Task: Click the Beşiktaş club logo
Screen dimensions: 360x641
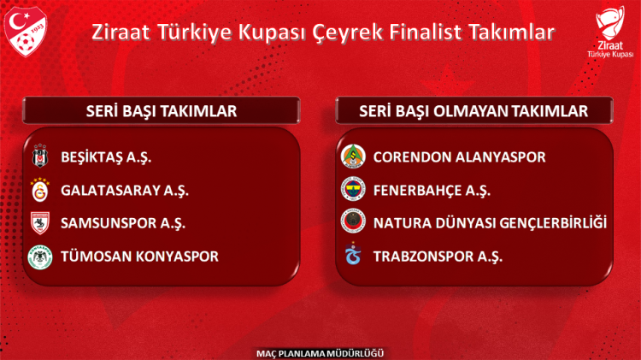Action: [39, 157]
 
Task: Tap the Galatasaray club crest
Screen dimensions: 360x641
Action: [39, 190]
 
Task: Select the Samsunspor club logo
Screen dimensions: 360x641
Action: [39, 223]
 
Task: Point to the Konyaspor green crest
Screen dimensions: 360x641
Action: [39, 257]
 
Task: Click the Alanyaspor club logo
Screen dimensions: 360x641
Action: [351, 157]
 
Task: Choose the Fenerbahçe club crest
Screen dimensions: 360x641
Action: [351, 190]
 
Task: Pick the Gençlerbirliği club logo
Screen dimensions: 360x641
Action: [351, 223]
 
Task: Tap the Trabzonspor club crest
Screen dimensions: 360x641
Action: [351, 256]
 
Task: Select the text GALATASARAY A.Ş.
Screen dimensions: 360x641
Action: [125, 190]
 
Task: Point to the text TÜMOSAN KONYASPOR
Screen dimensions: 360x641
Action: [139, 257]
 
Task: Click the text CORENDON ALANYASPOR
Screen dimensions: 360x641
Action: [459, 157]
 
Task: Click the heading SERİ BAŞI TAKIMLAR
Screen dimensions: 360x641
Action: [162, 111]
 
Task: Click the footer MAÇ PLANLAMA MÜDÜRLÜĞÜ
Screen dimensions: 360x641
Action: [320, 352]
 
